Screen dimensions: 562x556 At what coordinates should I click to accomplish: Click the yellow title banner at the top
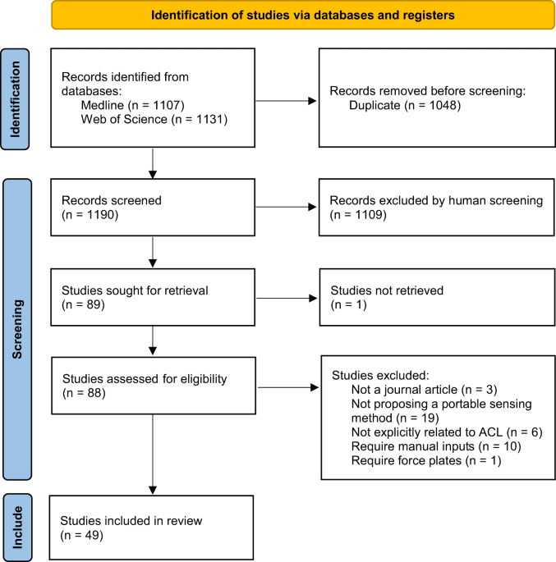pyautogui.click(x=302, y=15)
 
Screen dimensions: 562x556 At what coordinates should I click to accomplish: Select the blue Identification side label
pyautogui.click(x=16, y=98)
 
